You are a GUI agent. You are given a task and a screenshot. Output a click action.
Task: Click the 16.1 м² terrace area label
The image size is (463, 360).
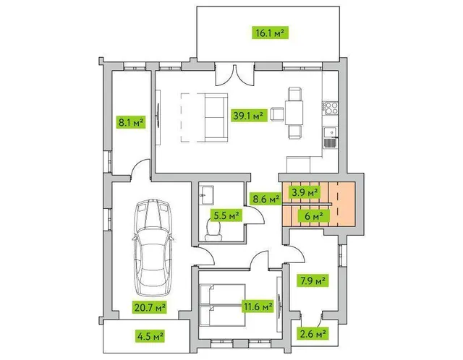(x=270, y=33)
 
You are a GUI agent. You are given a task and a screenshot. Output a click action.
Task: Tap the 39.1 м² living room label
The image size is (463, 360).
(x=248, y=115)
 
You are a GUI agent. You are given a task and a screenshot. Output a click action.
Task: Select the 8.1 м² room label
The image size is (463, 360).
(x=131, y=122)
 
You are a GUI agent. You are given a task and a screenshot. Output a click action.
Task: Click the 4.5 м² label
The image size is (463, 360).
(x=150, y=336)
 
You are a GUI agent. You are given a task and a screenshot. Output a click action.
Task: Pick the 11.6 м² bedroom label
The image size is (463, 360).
(x=258, y=307)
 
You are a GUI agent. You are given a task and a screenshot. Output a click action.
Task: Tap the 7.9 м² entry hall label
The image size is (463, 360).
(x=313, y=280)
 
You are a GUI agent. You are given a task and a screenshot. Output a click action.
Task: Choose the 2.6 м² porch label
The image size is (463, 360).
(x=313, y=334)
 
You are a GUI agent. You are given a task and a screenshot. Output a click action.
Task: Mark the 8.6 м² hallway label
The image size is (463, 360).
(x=266, y=198)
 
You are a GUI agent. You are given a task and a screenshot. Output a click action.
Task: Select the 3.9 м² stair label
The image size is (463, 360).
(x=305, y=192)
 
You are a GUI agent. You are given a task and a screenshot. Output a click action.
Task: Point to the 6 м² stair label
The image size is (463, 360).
(x=313, y=216)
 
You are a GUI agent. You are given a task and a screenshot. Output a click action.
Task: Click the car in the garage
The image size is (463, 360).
(x=153, y=247)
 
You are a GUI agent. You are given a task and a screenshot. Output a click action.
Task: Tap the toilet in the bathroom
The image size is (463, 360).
(x=213, y=230)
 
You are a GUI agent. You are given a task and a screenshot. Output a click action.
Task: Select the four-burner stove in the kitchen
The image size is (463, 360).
(x=330, y=108)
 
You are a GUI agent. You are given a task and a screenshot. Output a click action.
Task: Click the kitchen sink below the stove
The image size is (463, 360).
(x=330, y=137)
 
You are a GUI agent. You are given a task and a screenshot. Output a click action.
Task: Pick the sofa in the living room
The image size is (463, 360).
(x=216, y=118)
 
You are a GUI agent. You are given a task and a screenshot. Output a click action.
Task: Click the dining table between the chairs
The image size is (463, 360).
(x=294, y=113)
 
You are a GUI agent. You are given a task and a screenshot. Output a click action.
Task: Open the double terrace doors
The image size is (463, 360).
(x=234, y=75)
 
